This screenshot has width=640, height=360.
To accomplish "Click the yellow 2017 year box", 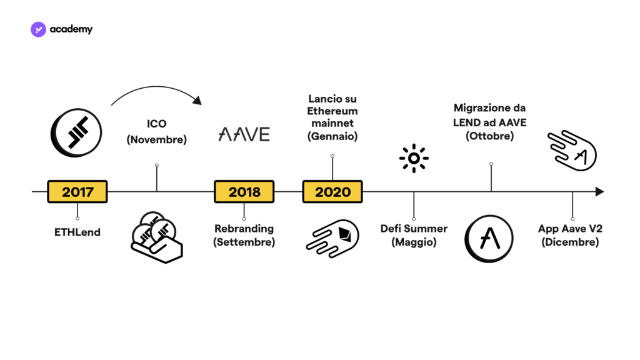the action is click(77, 191).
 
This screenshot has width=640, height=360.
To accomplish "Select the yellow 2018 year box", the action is click(244, 191).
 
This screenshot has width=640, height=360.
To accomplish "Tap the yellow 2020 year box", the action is click(332, 191).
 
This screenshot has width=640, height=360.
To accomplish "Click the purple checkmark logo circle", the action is click(38, 29).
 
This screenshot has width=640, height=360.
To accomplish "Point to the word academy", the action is click(71, 29).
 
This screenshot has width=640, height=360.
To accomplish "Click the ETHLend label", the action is click(77, 232).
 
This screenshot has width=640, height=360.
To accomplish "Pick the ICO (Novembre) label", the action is click(157, 131).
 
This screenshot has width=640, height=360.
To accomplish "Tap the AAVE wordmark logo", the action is click(244, 134).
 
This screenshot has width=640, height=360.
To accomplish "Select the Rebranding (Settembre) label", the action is click(244, 235).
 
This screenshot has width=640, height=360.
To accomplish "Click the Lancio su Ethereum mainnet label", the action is click(332, 117).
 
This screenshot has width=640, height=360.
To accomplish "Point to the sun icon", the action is click(414, 158).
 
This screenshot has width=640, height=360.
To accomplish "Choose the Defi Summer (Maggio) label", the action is click(414, 235).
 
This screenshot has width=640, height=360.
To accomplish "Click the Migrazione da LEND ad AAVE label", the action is click(490, 122).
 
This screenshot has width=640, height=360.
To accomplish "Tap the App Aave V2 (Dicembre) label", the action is click(570, 235).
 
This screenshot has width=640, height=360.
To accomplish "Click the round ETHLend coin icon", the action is click(76, 132).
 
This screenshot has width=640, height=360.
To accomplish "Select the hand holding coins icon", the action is click(157, 237).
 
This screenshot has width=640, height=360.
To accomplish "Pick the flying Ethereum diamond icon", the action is click(332, 238).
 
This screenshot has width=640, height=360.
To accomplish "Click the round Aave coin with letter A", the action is click(489, 238).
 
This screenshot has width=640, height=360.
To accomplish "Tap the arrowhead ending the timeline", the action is click(599, 191).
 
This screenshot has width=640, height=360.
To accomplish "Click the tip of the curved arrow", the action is click(202, 104).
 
